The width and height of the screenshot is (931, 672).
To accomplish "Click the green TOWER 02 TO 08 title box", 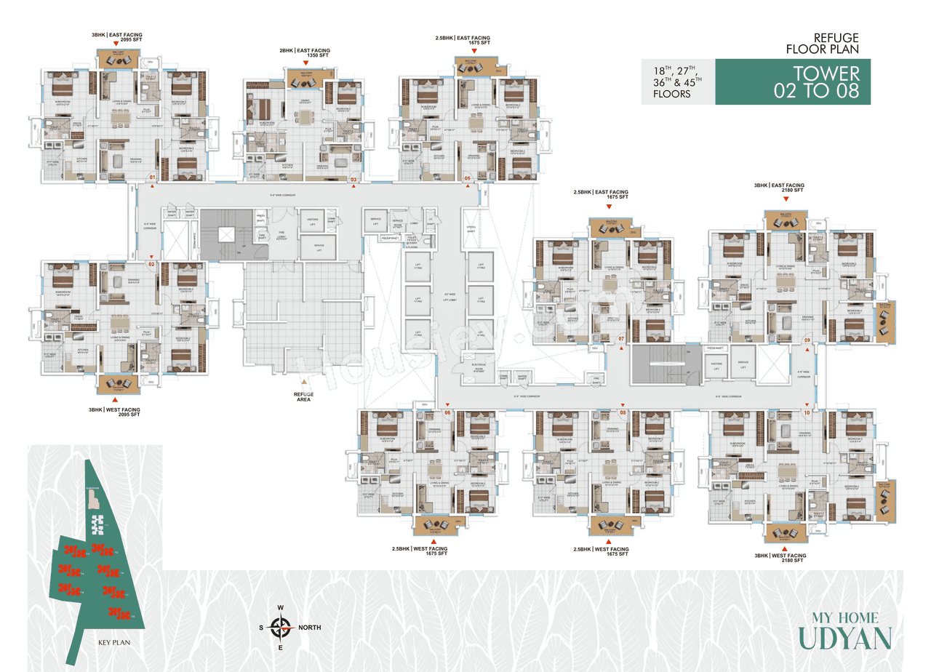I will coord(793,82).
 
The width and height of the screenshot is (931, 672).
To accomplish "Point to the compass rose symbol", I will coord(281,626).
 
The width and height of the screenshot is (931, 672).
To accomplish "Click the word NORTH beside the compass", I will coord(308,627).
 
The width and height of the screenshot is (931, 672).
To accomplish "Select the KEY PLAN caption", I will coord(113,643).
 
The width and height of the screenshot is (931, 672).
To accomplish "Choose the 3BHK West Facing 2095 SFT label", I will coord(115,413).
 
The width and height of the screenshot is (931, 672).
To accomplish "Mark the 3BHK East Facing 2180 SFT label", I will coord(779,188).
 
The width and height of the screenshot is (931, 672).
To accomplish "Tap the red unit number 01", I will coord(153,177).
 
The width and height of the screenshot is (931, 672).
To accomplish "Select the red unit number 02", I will coord(153,265).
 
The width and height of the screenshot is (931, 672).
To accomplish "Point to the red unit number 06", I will coord(447,413).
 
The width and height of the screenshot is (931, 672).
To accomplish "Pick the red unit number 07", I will coord(621,340).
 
